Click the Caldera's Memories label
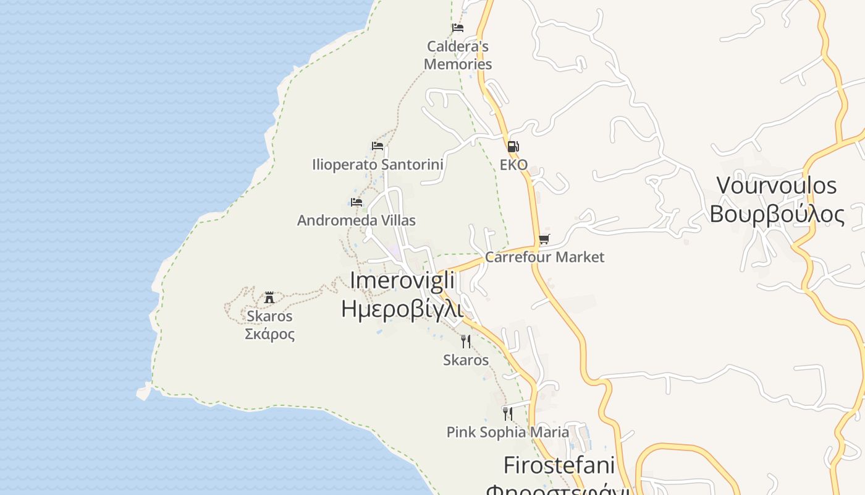pyautogui.click(x=458, y=55)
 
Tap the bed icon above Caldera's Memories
pyautogui.click(x=458, y=28)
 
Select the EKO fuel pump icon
pyautogui.click(x=513, y=147)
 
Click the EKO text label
pyautogui.click(x=513, y=165)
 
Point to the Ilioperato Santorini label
pyautogui.click(x=378, y=165)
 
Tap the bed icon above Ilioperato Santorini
pyautogui.click(x=378, y=146)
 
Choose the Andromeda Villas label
pyautogui.click(x=357, y=220)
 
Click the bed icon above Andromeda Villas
pyautogui.click(x=357, y=202)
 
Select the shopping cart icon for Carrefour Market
pyautogui.click(x=544, y=239)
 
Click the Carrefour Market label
pyautogui.click(x=544, y=257)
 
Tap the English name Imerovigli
pyautogui.click(x=402, y=280)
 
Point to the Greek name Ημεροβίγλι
pyautogui.click(x=402, y=308)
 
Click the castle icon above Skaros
pyautogui.click(x=269, y=298)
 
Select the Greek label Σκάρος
pyautogui.click(x=269, y=334)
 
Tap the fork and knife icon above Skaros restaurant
pyautogui.click(x=466, y=341)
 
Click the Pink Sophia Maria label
pyautogui.click(x=508, y=432)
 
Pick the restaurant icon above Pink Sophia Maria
pyautogui.click(x=508, y=413)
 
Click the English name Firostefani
pyautogui.click(x=559, y=465)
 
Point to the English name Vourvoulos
pyautogui.click(x=777, y=185)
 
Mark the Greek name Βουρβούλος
pyautogui.click(x=777, y=213)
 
